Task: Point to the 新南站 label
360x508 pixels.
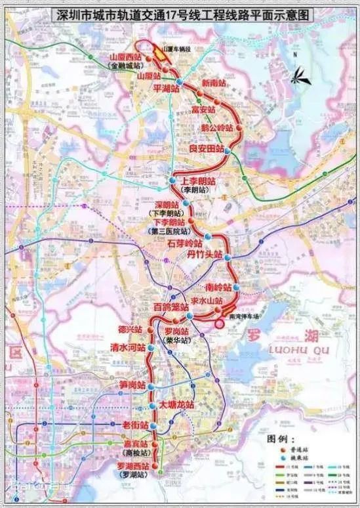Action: [214, 83]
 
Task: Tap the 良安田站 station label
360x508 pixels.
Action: [206, 149]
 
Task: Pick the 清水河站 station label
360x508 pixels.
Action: [127, 349]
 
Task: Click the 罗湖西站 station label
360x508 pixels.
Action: [136, 464]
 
